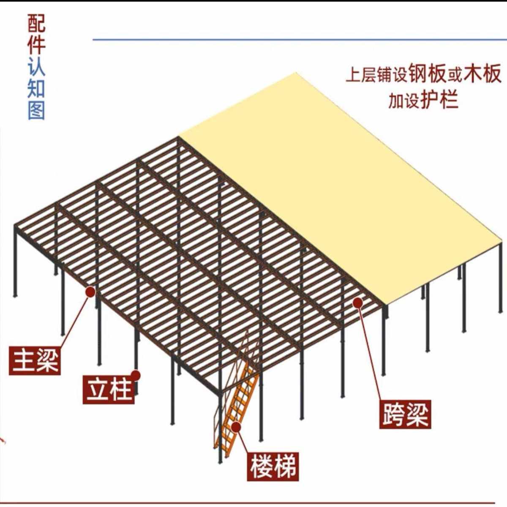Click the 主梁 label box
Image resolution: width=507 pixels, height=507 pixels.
pos(35,360)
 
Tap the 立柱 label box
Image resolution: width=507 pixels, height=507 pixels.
pos(109,389)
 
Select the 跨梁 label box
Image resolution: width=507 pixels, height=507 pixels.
pos(405,414)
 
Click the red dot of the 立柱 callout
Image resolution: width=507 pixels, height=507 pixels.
pos(136,374)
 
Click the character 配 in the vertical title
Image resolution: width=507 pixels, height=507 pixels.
pos(36,24)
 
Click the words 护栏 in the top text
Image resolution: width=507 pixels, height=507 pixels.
pos(439,101)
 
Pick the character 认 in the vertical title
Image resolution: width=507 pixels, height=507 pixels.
pos(36,67)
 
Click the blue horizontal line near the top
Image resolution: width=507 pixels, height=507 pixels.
pos(296,40)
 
